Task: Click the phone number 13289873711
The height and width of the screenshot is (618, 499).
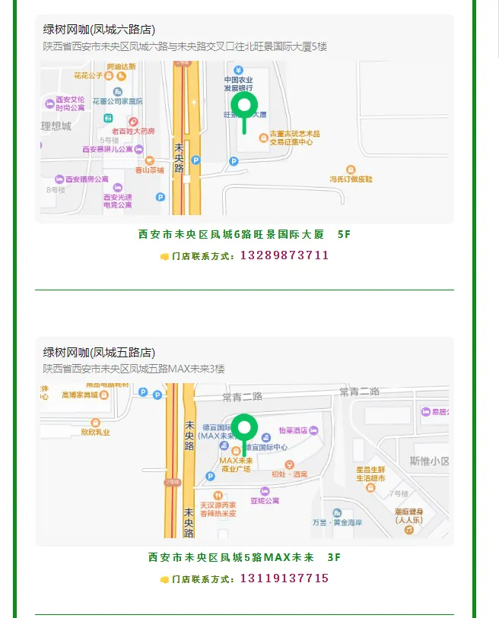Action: [x=284, y=255]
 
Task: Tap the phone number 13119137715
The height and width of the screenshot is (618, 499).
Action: [x=284, y=578]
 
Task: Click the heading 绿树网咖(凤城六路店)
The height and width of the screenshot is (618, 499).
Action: [x=99, y=30]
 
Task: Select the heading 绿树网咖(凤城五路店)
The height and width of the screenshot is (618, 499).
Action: [x=99, y=353]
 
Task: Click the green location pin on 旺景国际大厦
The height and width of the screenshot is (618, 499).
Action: [x=244, y=108]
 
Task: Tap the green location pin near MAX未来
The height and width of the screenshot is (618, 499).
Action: [x=244, y=430]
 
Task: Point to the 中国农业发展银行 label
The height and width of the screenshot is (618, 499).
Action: [x=237, y=84]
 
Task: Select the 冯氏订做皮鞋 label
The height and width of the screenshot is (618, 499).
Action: [x=351, y=179]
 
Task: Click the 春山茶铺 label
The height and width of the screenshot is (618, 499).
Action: [x=149, y=170]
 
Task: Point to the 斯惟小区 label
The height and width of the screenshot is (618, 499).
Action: [x=429, y=461]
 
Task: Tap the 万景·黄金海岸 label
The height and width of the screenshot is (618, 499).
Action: [x=337, y=522]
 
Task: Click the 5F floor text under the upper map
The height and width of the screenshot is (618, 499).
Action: [x=344, y=234]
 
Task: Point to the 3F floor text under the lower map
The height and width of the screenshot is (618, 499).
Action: [x=334, y=557]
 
